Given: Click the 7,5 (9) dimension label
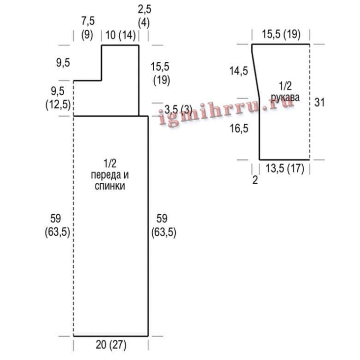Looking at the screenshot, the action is click(x=88, y=29).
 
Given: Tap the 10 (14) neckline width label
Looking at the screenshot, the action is click(x=120, y=36).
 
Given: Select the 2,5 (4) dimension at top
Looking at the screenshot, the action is click(x=144, y=16).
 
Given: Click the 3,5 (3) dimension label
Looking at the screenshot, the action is click(x=179, y=110).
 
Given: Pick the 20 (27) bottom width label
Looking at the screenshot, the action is click(x=111, y=345).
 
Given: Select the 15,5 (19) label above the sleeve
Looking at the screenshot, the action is click(x=281, y=34).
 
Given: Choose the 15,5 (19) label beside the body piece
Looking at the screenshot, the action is click(x=161, y=74).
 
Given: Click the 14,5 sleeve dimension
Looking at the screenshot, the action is click(x=239, y=71).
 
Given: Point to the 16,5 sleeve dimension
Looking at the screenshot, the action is click(x=239, y=128).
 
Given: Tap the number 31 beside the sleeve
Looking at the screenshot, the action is click(x=319, y=102).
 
